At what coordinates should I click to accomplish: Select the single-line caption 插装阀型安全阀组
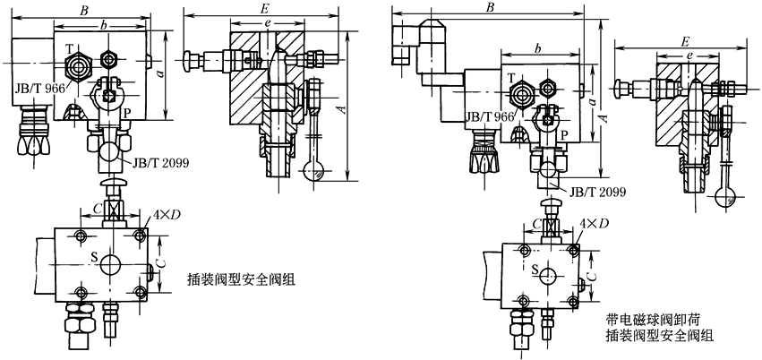pyautogui.click(x=241, y=279)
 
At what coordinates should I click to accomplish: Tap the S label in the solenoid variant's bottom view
pyautogui.click(x=535, y=268)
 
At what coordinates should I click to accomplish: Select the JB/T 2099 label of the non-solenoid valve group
pyautogui.click(x=161, y=163)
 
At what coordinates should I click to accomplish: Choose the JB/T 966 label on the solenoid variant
pyautogui.click(x=491, y=116)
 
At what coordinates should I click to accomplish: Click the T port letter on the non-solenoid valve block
pyautogui.click(x=69, y=47)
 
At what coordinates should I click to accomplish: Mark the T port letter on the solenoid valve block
pyautogui.click(x=511, y=79)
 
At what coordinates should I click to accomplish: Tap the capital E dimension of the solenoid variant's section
pyautogui.click(x=684, y=41)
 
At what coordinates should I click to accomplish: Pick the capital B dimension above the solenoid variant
pyautogui.click(x=490, y=8)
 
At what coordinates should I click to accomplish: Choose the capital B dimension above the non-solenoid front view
pyautogui.click(x=83, y=10)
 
